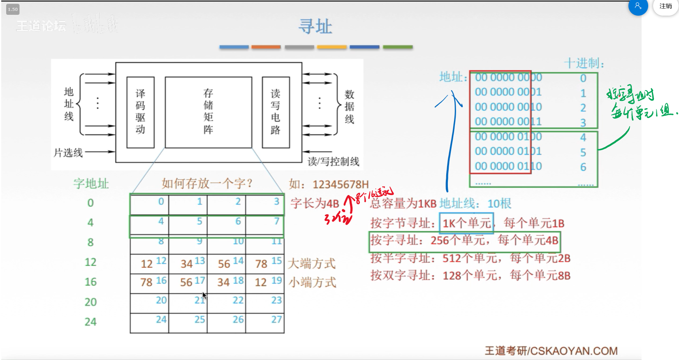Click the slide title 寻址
coord(315,27)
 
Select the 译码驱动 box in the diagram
coord(140,112)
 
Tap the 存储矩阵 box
coord(208,112)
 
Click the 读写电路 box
coord(276,112)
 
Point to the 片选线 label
coord(68,153)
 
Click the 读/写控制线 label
coord(333,161)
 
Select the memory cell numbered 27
coord(265,323)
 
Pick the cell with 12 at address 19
coord(265,282)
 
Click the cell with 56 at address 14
coord(227,263)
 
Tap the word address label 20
coord(90,302)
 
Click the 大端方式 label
coord(312,263)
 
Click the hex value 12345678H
coord(341,184)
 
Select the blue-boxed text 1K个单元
coord(466,223)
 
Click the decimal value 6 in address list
coord(583,167)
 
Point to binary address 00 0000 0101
coord(508,151)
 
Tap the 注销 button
coord(665,6)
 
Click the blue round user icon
coord(638,6)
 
